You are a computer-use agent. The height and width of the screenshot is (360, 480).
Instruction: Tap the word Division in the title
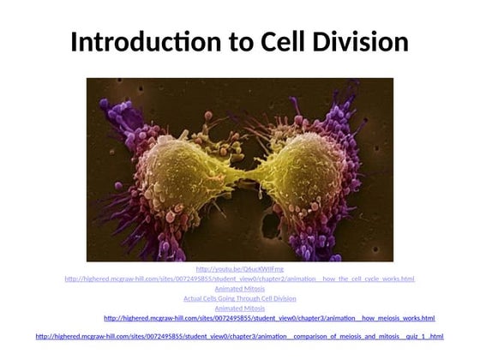click(361, 43)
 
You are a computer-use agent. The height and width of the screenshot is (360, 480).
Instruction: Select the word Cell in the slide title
click(276, 43)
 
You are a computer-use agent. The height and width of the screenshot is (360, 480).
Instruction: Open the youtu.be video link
click(239, 269)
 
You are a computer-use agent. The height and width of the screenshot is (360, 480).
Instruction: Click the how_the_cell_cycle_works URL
click(239, 279)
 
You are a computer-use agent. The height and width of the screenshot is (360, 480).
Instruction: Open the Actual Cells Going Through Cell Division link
click(239, 298)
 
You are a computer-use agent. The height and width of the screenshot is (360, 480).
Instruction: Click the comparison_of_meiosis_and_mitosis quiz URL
click(239, 337)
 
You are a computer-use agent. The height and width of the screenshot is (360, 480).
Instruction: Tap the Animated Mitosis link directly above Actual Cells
click(239, 289)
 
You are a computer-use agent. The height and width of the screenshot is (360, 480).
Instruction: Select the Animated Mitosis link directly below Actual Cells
click(239, 309)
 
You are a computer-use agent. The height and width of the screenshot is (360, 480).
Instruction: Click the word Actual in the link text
click(194, 298)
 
